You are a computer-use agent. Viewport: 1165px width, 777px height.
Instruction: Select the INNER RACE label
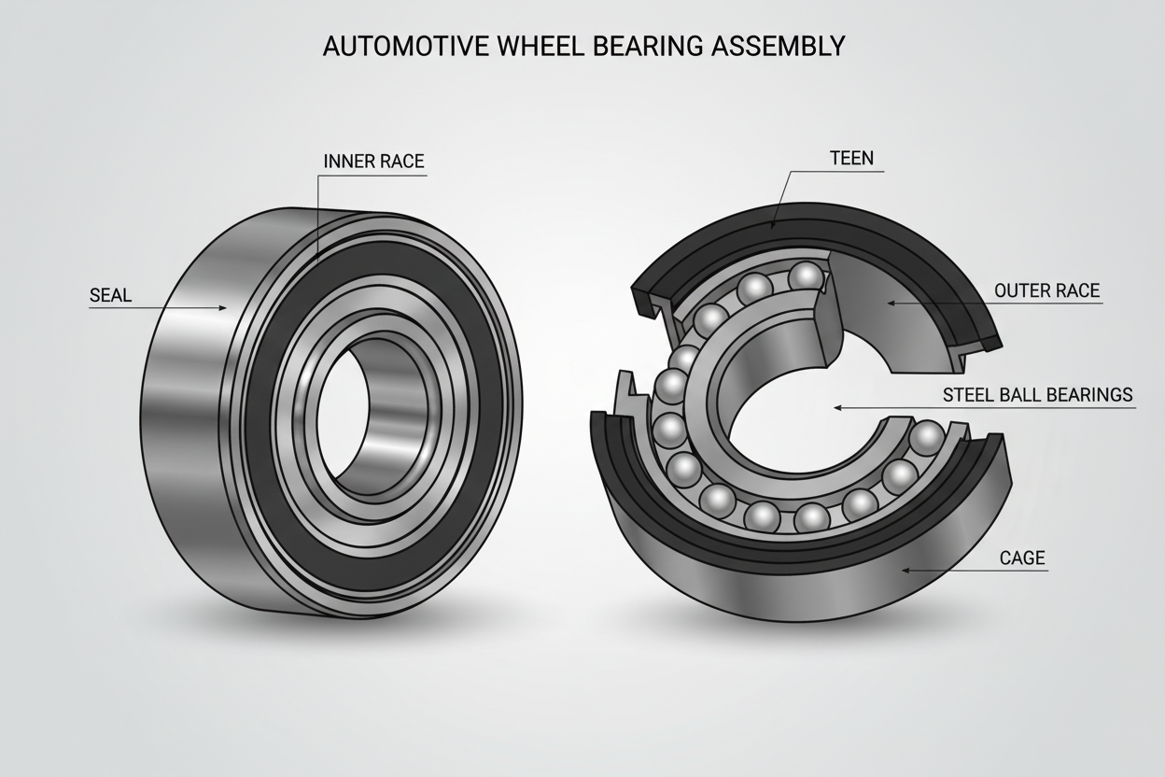tap(373, 162)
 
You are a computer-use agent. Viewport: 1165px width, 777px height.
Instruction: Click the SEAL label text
tap(110, 296)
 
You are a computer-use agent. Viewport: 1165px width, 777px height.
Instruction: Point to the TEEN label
tap(851, 158)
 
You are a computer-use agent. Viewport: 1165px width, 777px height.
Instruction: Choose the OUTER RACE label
tap(1046, 290)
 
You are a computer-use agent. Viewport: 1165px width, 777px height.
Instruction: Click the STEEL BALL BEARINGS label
tap(1037, 394)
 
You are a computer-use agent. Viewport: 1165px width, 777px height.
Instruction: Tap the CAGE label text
tap(1022, 558)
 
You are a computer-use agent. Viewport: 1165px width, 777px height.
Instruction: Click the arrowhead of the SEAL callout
tap(224, 307)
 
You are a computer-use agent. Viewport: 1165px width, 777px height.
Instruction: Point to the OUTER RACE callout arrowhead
tap(889, 302)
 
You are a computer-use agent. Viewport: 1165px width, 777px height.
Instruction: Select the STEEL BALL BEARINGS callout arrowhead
tap(837, 407)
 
